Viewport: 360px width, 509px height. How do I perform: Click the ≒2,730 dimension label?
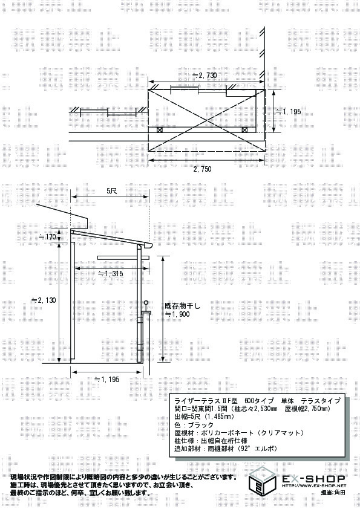pos(205,76)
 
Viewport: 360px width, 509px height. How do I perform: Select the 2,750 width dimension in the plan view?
pos(203,169)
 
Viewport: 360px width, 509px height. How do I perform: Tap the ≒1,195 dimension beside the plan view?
pos(289,112)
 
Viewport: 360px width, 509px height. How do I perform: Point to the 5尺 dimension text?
pos(112,191)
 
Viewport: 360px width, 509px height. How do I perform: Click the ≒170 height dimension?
pos(48,236)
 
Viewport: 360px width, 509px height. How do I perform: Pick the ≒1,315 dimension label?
pos(111,274)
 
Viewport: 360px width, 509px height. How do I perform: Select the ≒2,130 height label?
pos(44,300)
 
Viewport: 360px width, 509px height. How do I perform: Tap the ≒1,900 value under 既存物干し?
pos(177,314)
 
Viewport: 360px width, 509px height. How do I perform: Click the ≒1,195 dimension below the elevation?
pos(107,379)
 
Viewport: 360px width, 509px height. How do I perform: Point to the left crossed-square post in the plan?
pos(160,129)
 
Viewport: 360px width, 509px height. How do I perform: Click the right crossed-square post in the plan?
pos(244,129)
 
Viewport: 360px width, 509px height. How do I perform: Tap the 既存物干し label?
pos(183,306)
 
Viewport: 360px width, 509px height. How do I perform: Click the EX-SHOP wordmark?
pos(313,479)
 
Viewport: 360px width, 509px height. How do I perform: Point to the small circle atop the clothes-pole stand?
pos(146,303)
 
